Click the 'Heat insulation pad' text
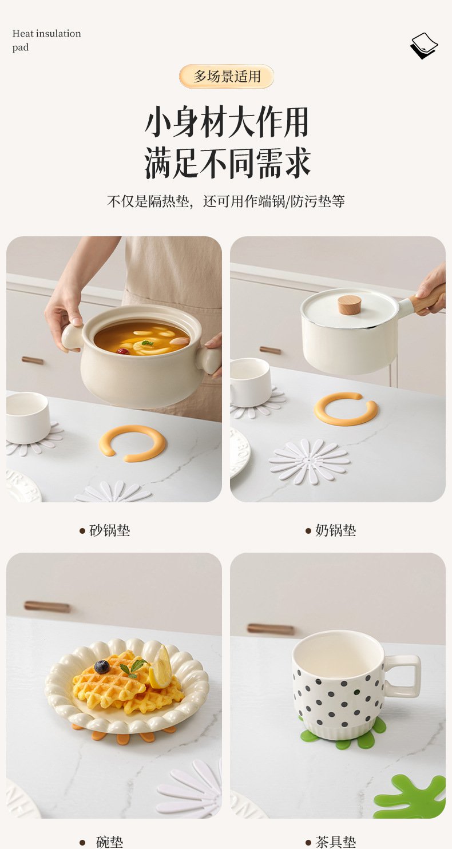tap(46, 40)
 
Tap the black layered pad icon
tap(424, 46)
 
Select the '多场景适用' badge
tap(227, 76)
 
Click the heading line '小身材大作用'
tap(227, 122)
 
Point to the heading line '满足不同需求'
tap(227, 164)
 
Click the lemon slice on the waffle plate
tap(160, 668)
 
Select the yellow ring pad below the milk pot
tap(346, 408)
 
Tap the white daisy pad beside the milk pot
tap(308, 462)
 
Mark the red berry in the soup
tap(123, 351)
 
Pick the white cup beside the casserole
tap(27, 418)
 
